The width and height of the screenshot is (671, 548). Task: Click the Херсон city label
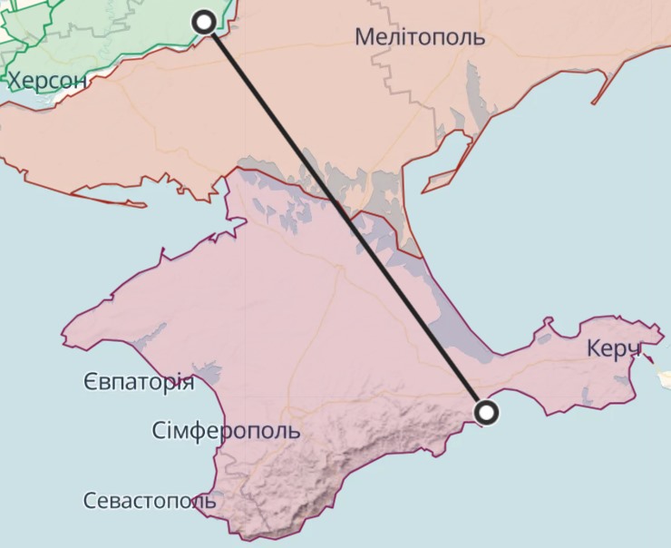(x=48, y=81)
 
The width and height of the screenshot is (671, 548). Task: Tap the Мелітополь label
(x=420, y=37)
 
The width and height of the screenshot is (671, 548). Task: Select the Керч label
(x=614, y=348)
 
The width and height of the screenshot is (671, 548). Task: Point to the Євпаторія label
(x=138, y=381)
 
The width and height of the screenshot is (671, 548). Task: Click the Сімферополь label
(x=226, y=429)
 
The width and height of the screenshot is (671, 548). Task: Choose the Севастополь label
(x=150, y=500)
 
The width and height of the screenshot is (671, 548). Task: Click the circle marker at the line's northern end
(x=206, y=21)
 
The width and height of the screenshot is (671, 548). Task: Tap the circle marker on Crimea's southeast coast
(x=488, y=414)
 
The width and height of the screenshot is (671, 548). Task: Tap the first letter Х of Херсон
(x=16, y=81)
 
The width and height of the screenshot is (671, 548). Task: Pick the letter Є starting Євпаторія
(x=89, y=381)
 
